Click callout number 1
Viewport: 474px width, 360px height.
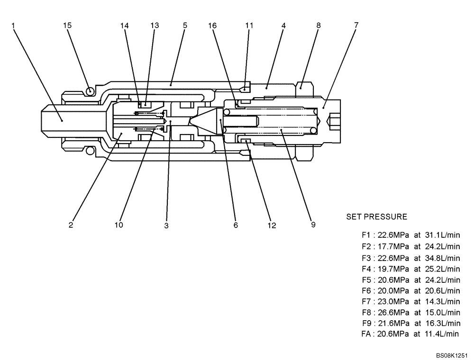click(x=14, y=26)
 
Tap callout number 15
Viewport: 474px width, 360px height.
click(x=67, y=26)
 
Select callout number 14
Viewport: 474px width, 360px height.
click(x=125, y=26)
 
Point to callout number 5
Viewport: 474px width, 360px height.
click(x=185, y=26)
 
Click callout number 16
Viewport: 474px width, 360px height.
click(x=212, y=26)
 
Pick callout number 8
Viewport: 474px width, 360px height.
click(x=318, y=26)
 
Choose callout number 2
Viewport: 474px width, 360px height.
click(x=71, y=225)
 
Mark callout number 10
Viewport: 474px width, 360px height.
click(x=118, y=225)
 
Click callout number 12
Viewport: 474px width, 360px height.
click(x=272, y=226)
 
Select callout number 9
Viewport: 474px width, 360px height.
click(x=313, y=225)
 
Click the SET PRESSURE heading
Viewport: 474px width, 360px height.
click(x=376, y=217)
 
